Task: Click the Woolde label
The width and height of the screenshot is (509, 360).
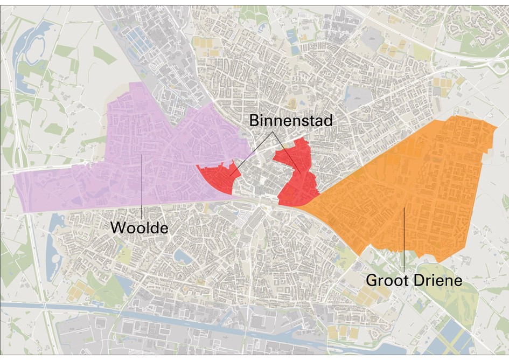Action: tap(139, 227)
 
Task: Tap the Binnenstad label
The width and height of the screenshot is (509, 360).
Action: tap(291, 121)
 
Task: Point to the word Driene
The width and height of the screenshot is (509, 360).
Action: tap(441, 281)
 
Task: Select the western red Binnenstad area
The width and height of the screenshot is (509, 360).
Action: tap(215, 178)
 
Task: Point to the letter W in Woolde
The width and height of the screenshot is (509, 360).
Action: tap(116, 227)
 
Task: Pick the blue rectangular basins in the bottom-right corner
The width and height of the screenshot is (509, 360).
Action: tap(452, 337)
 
